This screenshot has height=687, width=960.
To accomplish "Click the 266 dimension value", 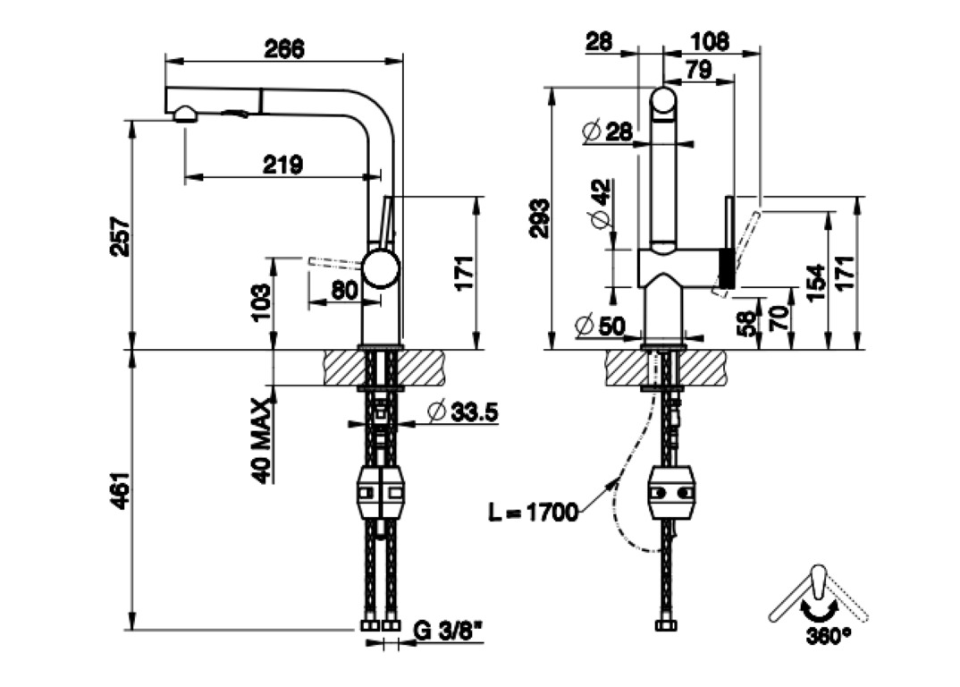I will coord(284,49).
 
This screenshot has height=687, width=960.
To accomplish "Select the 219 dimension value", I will coord(282,164).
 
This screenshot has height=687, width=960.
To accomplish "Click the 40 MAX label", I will coord(260,440).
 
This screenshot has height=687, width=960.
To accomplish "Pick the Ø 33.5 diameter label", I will coord(461,412).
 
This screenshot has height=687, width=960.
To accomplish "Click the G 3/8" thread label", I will coord(448,631).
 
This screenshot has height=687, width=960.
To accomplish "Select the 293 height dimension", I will coord(540,218).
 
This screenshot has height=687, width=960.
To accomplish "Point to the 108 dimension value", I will coord(711,41).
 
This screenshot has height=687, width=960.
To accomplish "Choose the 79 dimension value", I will coord(699,70).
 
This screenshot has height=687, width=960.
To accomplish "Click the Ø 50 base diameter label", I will coord(601,327).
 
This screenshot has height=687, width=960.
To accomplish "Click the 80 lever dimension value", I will coord(344,290).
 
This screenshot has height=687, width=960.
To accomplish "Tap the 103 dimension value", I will coord(260,302).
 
